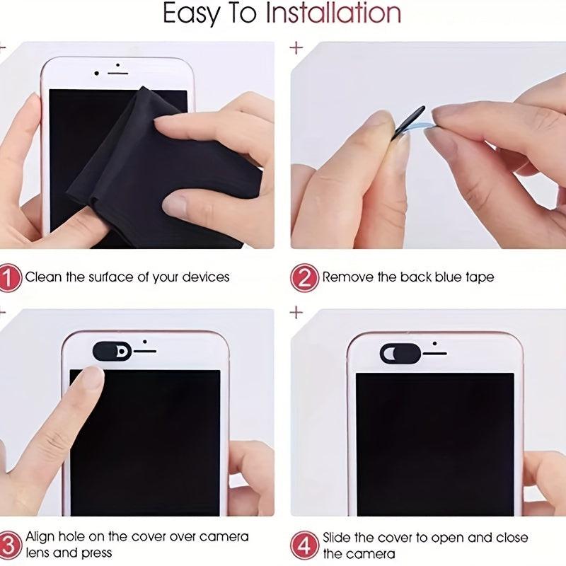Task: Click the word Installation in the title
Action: pos(333,13)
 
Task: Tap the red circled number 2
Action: pos(304,277)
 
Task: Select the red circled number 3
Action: pos(9,545)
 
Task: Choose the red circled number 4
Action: pos(304,545)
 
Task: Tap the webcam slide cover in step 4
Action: pos(400,352)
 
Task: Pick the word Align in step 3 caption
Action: pos(42,537)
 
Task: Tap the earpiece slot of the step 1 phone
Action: pos(118,74)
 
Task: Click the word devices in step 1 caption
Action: pos(205,277)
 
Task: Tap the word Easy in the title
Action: pos(190,13)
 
